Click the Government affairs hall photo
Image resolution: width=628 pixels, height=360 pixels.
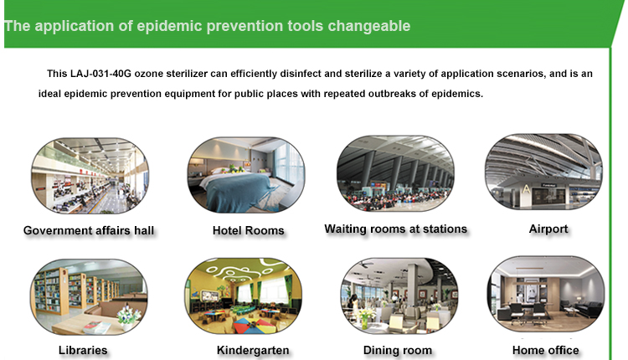(90, 176)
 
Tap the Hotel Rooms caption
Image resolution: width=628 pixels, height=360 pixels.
(249, 231)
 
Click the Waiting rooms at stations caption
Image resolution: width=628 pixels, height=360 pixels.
(396, 229)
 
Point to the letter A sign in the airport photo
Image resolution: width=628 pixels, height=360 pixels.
(526, 188)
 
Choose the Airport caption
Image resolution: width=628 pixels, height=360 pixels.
(548, 229)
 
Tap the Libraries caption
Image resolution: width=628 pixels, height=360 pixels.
(83, 351)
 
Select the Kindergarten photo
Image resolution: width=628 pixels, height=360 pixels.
(243, 296)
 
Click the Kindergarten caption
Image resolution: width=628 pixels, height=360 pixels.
(253, 351)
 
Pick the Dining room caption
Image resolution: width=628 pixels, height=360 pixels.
(398, 351)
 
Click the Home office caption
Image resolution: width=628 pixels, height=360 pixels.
(545, 351)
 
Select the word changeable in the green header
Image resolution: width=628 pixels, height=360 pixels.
(369, 26)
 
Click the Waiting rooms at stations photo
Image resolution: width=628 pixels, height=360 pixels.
(395, 173)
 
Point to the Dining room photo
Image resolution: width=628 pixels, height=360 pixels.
(399, 296)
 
